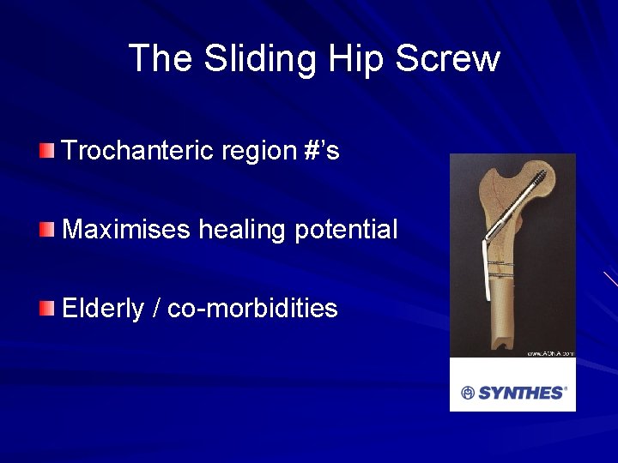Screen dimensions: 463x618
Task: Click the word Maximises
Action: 126,230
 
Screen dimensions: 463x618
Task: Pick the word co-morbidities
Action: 252,309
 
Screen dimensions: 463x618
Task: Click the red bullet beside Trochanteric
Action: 46,152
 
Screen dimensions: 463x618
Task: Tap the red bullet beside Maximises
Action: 46,231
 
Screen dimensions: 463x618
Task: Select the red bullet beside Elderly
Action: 46,309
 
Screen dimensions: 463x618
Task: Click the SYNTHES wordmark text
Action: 521,393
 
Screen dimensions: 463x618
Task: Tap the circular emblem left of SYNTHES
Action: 468,393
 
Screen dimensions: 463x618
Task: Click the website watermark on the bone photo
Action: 549,352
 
